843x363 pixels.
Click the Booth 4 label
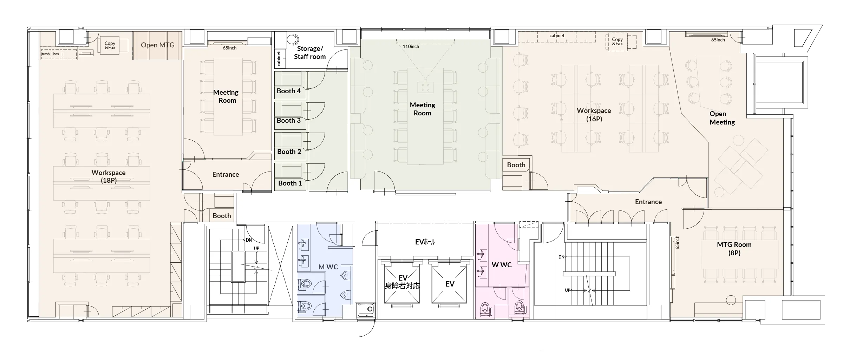(x=289, y=91)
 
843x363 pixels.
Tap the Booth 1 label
(x=290, y=183)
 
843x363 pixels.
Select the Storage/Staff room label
(x=310, y=53)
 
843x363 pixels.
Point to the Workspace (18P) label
(x=109, y=176)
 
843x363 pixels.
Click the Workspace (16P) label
(x=594, y=115)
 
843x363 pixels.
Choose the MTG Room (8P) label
(x=734, y=249)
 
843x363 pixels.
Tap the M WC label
(x=328, y=267)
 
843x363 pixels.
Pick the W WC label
(x=502, y=265)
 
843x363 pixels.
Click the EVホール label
(x=425, y=242)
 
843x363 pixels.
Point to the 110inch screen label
(x=411, y=47)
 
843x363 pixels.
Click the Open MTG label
(x=158, y=45)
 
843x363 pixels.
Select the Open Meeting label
(x=722, y=118)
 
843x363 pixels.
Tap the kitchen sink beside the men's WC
(x=366, y=309)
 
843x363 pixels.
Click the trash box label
(x=51, y=54)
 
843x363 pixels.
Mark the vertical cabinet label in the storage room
(x=279, y=59)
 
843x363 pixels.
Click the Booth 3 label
(x=289, y=121)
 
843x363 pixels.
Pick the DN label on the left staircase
(x=249, y=240)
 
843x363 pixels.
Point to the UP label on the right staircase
(x=568, y=290)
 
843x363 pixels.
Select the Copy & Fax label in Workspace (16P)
(x=617, y=42)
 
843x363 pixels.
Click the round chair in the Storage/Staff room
(x=293, y=39)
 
